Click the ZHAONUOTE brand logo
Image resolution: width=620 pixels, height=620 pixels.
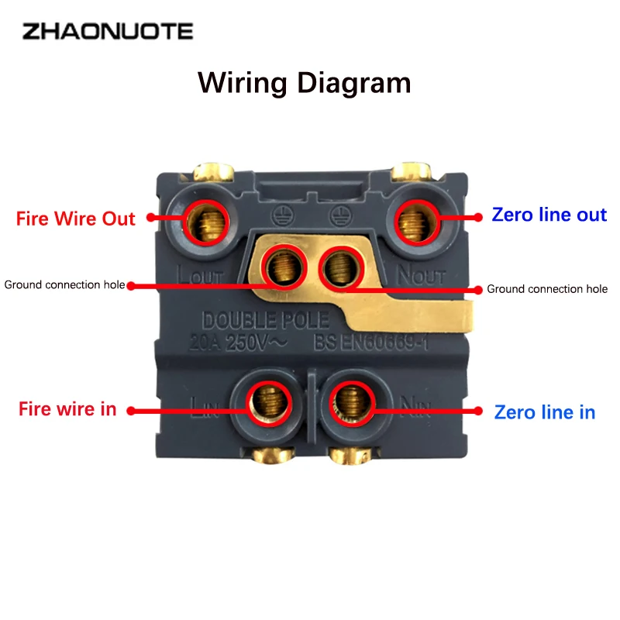point(107,32)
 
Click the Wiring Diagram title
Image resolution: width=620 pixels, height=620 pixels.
point(304,82)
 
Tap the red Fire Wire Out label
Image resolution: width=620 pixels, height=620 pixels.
point(76,219)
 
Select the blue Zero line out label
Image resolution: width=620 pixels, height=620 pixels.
point(549,215)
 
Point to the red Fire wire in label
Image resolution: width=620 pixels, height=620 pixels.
point(67,408)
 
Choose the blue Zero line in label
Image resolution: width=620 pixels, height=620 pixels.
point(545,412)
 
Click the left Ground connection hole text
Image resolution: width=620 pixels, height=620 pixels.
point(64,284)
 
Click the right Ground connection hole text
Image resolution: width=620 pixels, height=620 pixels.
point(547,289)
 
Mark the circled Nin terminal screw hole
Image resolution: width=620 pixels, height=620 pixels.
point(353,400)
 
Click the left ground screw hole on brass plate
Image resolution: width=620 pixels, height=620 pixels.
point(281,267)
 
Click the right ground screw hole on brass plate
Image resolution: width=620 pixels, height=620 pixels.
point(339,267)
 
